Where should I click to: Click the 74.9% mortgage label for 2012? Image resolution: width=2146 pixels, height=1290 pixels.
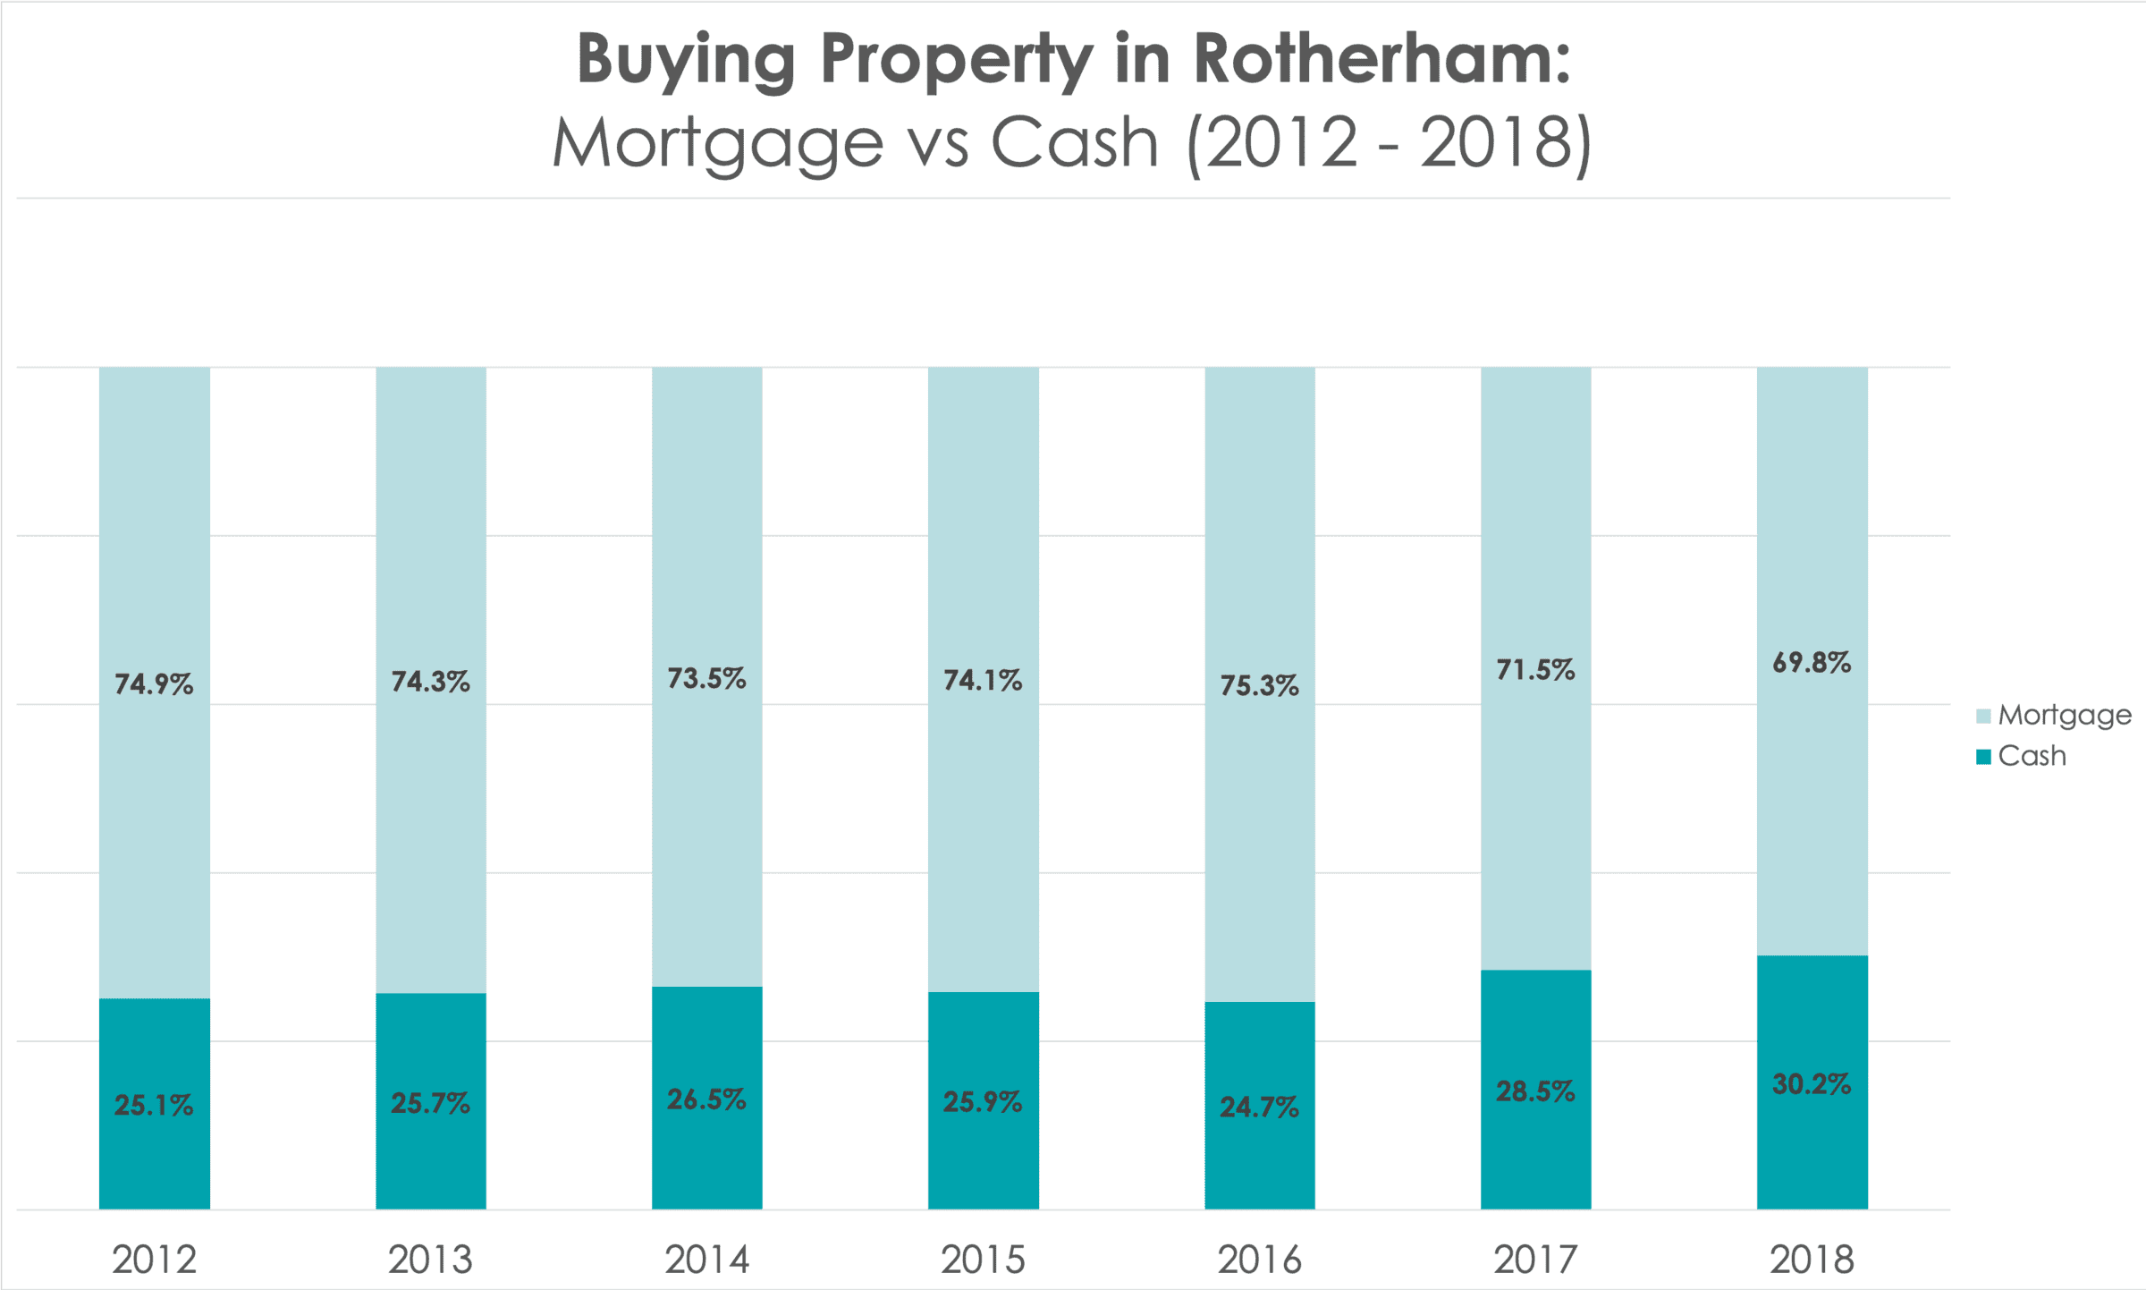(154, 684)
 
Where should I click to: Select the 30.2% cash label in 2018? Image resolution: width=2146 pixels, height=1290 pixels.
(1812, 1084)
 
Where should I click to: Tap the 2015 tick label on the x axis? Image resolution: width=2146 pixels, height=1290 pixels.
(983, 1260)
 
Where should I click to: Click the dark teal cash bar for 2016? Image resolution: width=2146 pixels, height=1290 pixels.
(1259, 1163)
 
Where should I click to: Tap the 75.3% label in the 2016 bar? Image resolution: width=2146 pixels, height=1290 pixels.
(1259, 686)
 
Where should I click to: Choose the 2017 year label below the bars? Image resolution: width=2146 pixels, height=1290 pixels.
(1535, 1260)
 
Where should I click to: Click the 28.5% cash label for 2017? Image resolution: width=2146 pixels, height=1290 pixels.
(1535, 1091)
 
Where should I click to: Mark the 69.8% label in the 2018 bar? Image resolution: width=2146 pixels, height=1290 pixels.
(1812, 663)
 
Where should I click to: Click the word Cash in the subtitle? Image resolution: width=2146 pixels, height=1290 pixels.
(1074, 143)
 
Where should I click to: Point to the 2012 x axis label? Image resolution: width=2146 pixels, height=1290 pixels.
(154, 1260)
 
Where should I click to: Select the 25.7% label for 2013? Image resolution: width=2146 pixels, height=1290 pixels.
(430, 1103)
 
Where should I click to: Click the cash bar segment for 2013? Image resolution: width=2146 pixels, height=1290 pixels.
(430, 1163)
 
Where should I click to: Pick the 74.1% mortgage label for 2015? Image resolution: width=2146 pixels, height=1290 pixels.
(983, 681)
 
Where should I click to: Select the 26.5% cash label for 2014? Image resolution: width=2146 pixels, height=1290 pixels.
(706, 1099)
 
